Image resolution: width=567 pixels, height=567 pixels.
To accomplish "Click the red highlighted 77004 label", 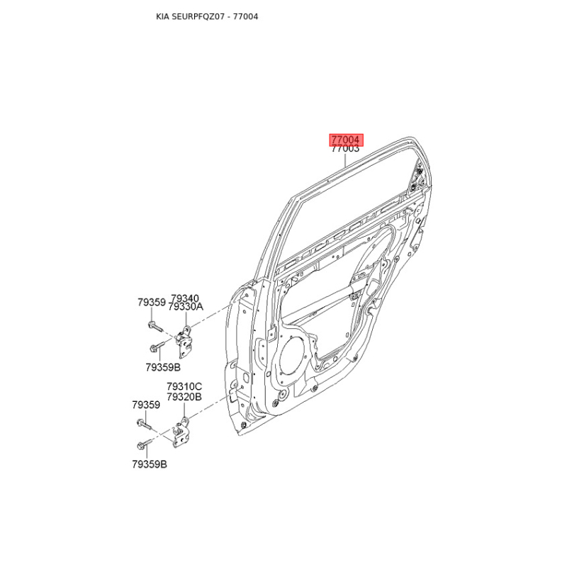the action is (x=346, y=140).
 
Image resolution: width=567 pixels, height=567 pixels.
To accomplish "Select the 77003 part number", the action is (x=346, y=149).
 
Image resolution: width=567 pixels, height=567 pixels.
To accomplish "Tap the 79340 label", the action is (x=185, y=298).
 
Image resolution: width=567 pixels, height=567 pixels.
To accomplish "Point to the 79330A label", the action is (x=186, y=307).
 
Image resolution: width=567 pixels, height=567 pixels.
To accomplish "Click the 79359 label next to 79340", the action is (x=152, y=303).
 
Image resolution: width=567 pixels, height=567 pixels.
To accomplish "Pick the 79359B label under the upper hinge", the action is (x=163, y=367).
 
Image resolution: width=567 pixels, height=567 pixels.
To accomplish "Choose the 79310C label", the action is (x=184, y=386).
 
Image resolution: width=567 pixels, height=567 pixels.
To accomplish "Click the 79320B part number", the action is (x=184, y=397).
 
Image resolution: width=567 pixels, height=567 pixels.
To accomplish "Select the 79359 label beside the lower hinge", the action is (x=146, y=405).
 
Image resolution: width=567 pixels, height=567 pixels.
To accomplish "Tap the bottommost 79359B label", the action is (x=150, y=464).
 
